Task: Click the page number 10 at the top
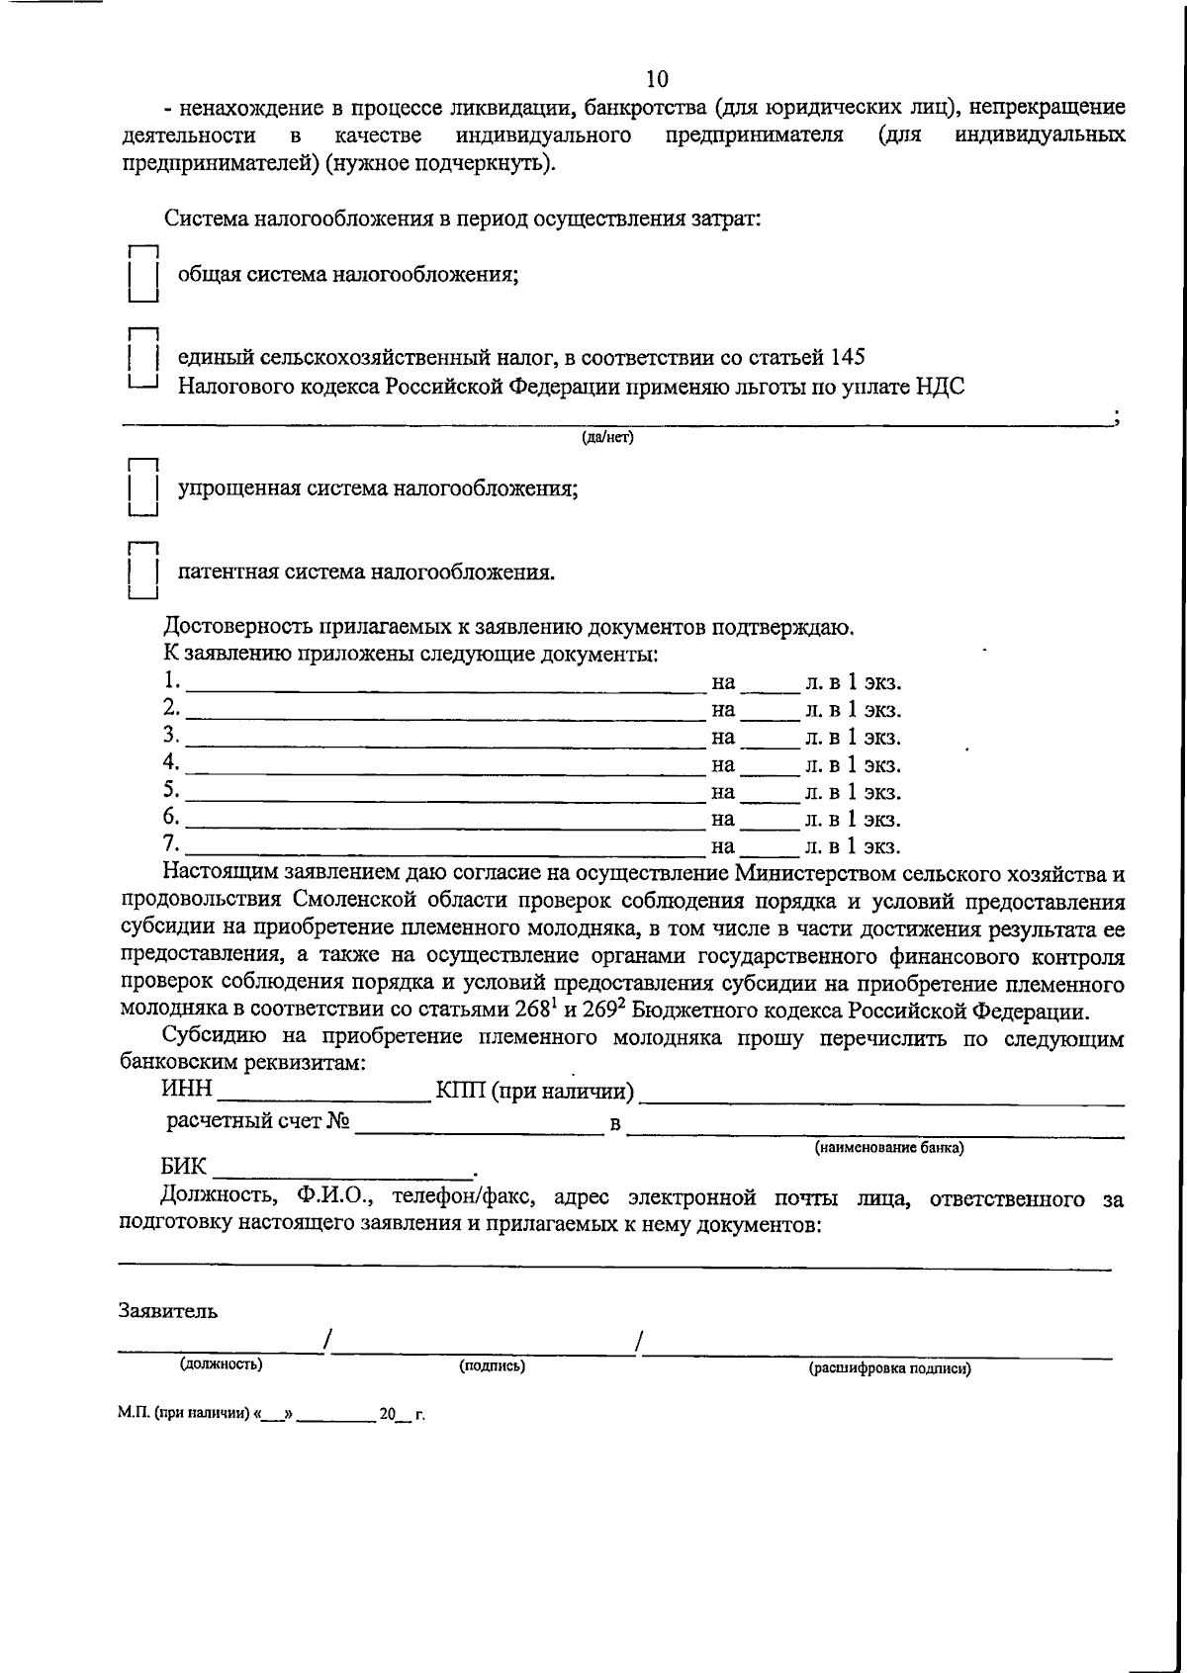[656, 79]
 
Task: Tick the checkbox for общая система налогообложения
[143, 274]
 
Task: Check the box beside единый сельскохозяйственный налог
[143, 357]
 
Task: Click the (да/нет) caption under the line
[607, 437]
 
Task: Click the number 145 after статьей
[847, 357]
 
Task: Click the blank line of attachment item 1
[443, 684]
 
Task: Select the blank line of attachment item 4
[443, 766]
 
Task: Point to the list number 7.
[171, 844]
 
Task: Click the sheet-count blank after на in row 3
[770, 740]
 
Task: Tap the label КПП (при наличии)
[534, 1092]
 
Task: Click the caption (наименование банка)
[888, 1148]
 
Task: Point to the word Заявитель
[167, 1311]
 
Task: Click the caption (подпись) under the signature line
[492, 1365]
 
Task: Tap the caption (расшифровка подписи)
[889, 1369]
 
